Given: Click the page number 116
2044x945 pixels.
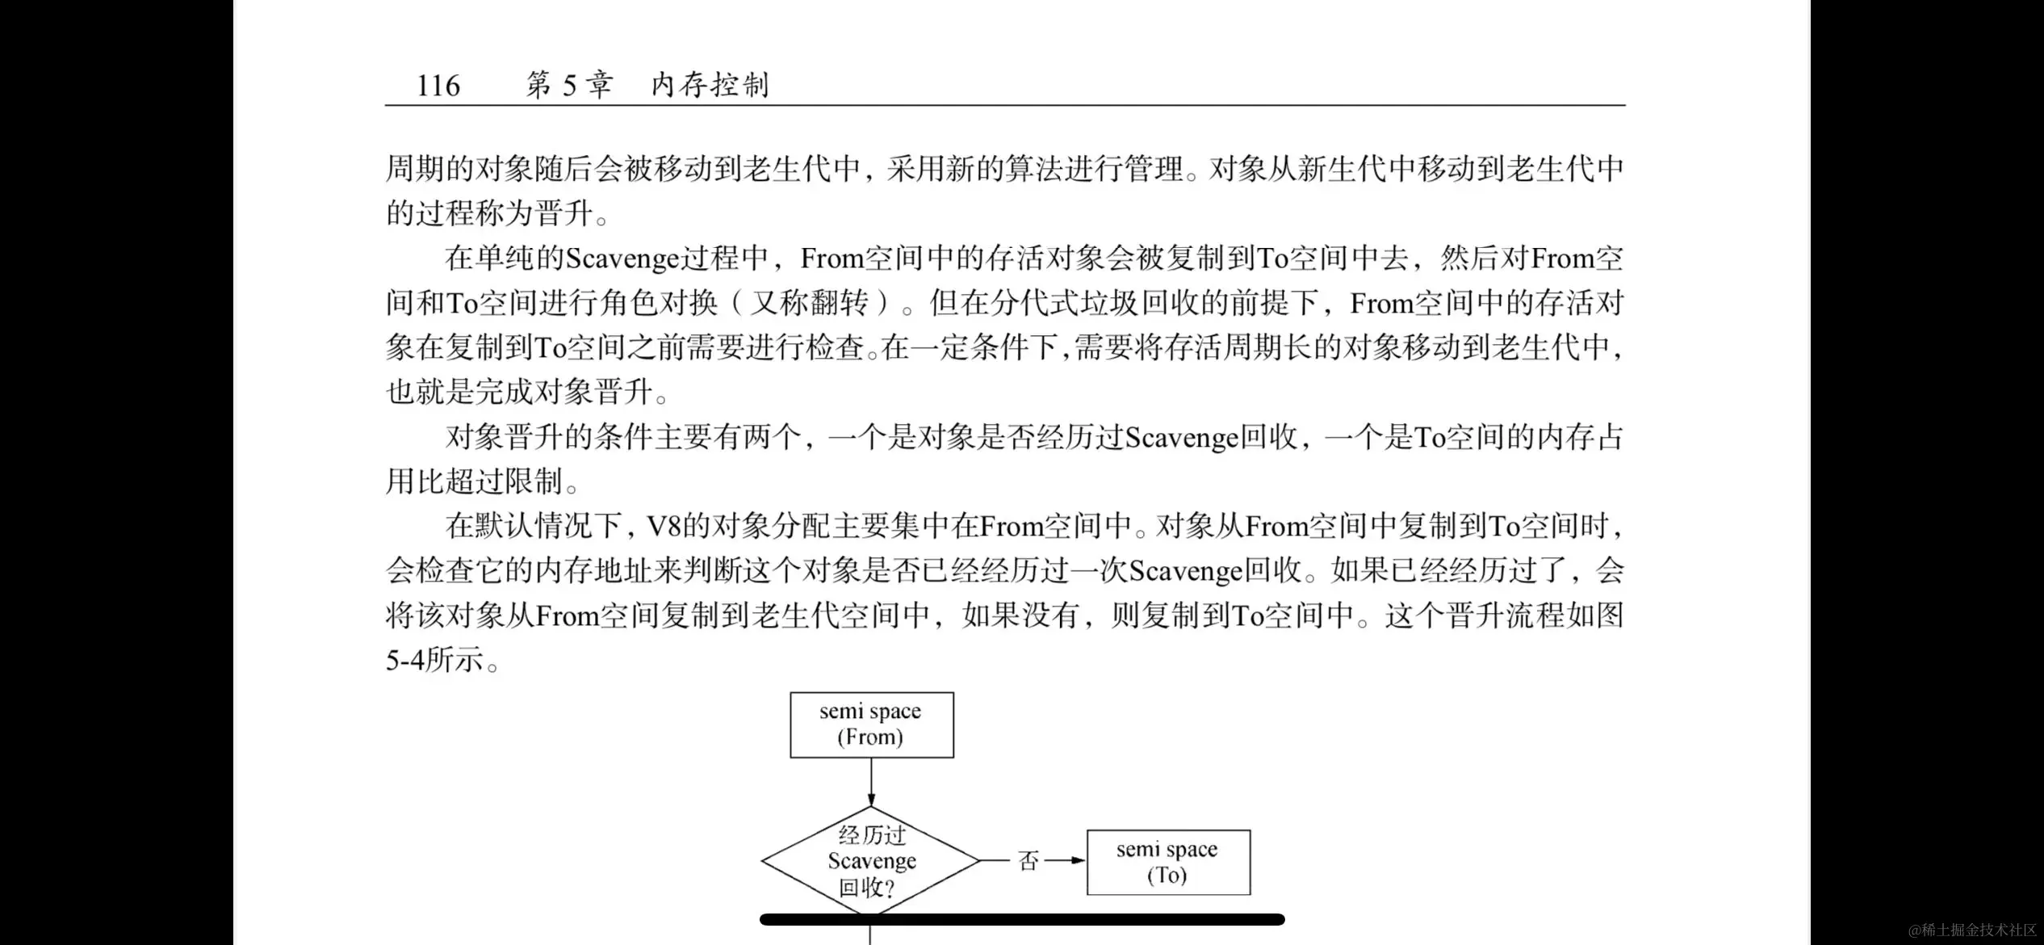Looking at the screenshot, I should [x=438, y=85].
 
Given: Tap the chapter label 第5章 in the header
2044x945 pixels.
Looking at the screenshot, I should [x=569, y=85].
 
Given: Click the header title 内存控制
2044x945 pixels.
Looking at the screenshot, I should [x=710, y=85].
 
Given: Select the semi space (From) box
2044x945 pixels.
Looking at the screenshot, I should [x=871, y=724].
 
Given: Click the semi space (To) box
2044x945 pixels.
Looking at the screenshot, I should [x=1168, y=862].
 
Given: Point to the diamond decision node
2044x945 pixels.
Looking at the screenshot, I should [x=871, y=861].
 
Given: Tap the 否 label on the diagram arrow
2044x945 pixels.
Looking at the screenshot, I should [x=1028, y=861].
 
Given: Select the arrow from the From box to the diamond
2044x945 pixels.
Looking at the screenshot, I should [x=871, y=782].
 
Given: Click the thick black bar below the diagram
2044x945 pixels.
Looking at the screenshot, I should [x=1022, y=919].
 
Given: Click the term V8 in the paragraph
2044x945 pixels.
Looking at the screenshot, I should [x=664, y=527].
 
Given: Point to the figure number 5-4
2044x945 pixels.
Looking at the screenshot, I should [x=404, y=661].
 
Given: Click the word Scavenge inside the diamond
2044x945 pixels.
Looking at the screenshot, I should [x=872, y=861].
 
